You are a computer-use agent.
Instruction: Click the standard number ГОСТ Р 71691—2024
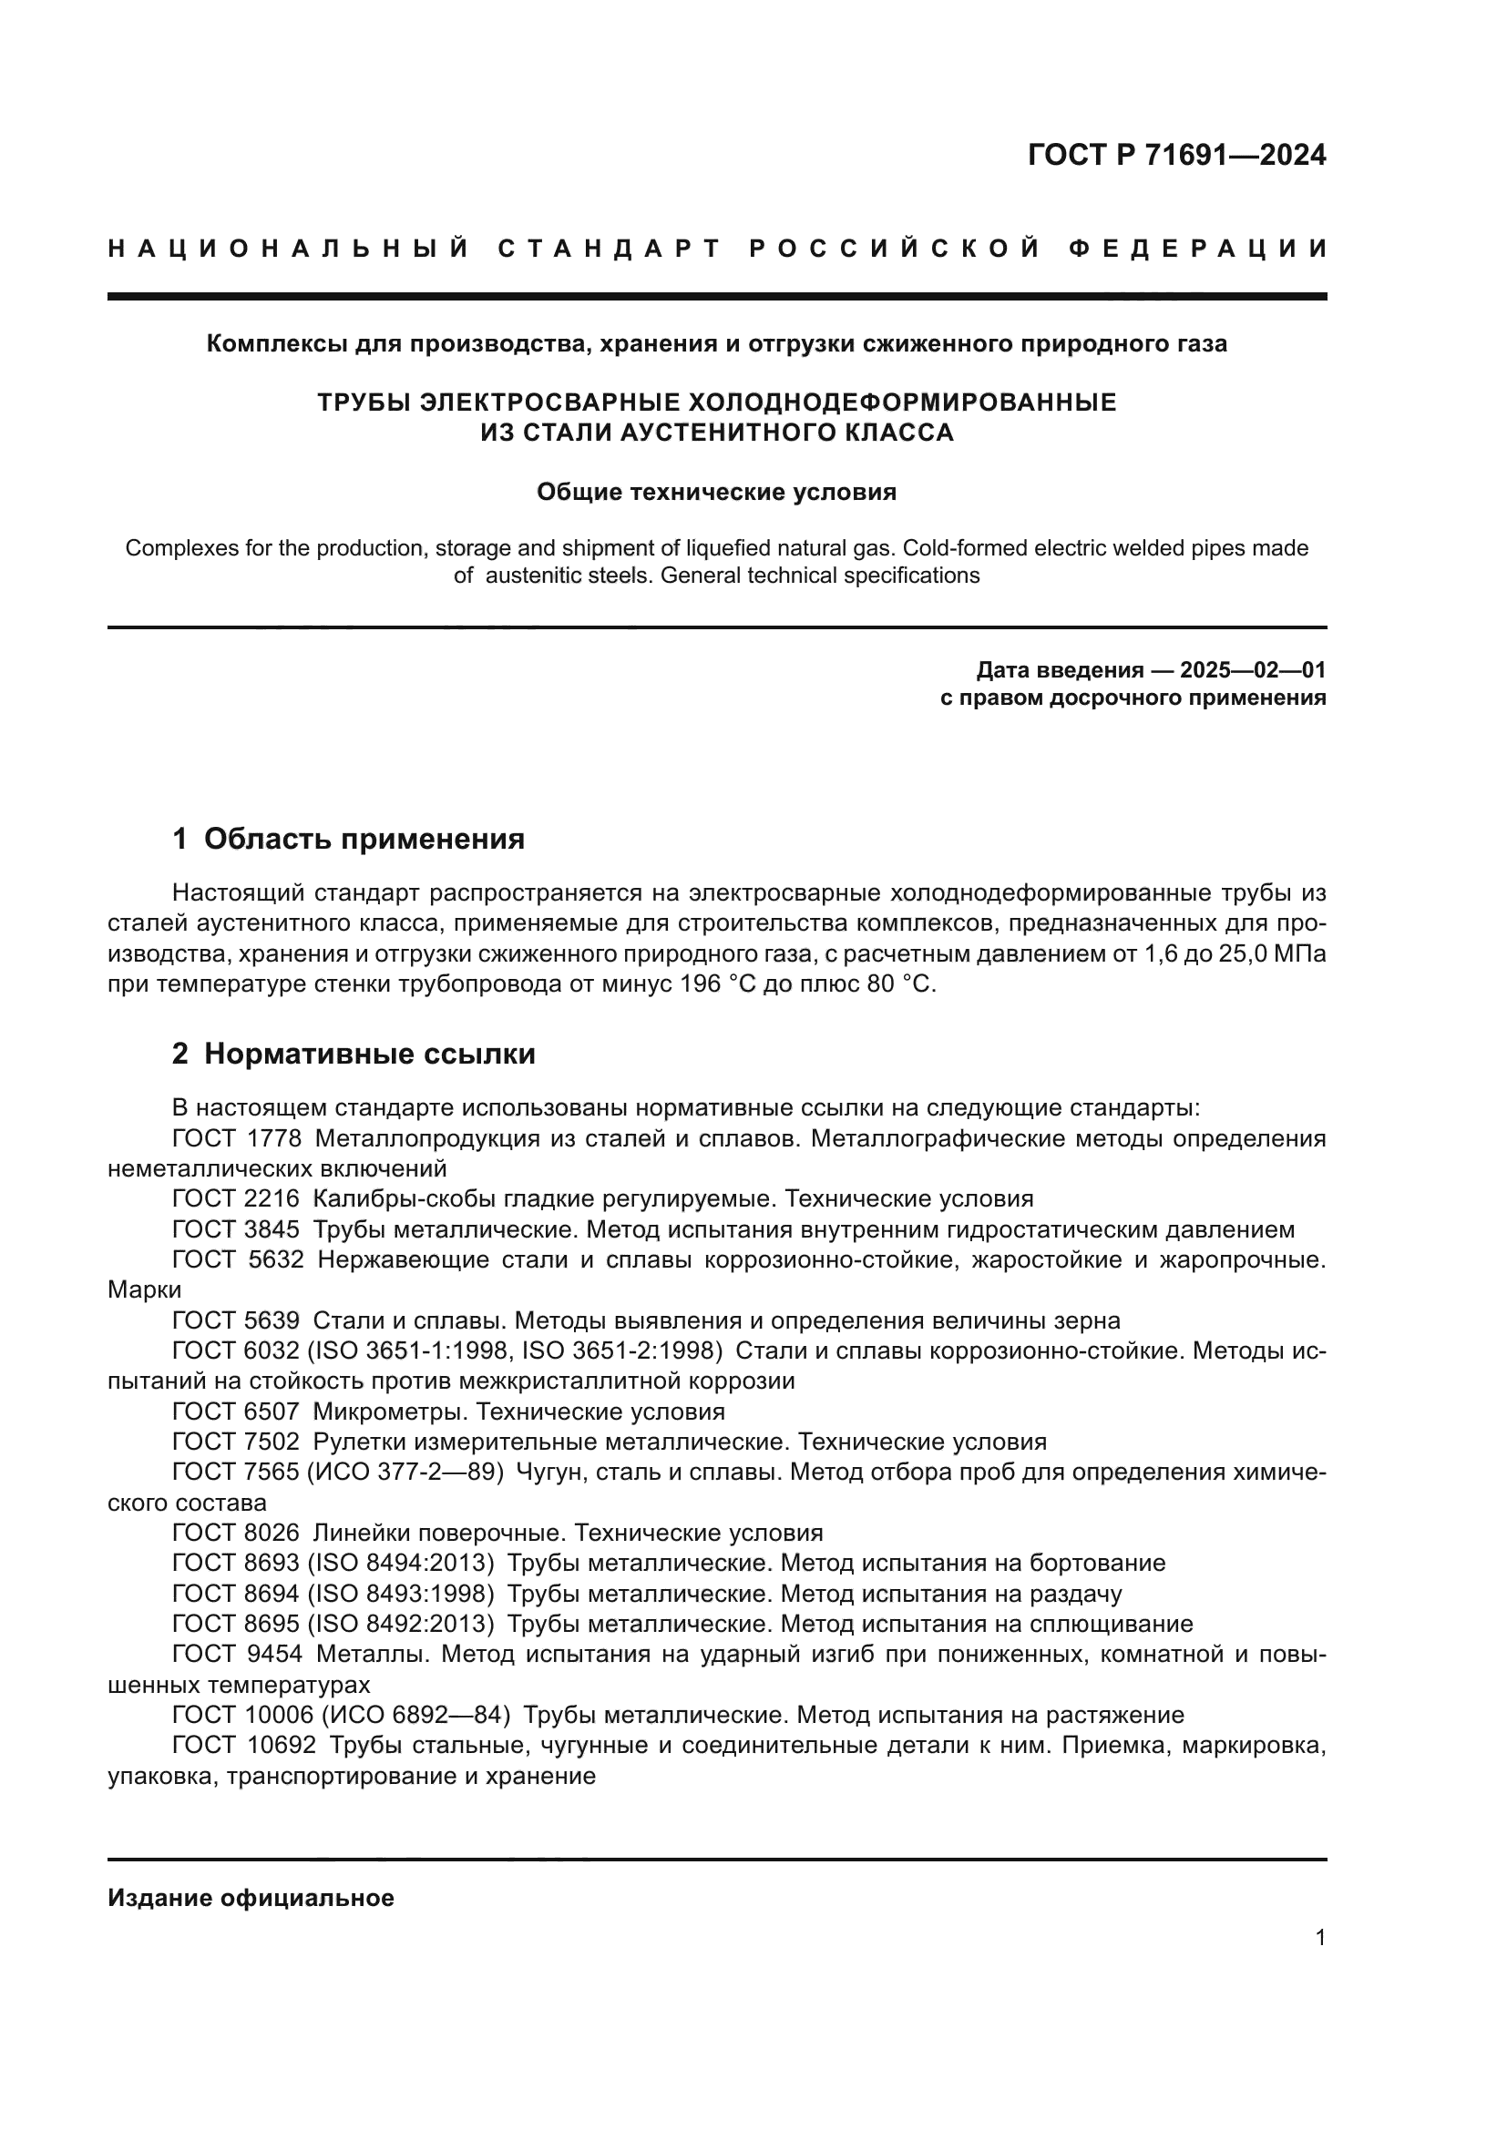click(x=1176, y=155)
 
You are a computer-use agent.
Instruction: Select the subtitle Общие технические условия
click(x=716, y=492)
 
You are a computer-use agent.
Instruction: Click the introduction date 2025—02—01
click(x=1253, y=670)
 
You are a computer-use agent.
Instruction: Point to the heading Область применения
click(x=364, y=839)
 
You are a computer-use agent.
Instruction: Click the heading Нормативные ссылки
click(x=369, y=1054)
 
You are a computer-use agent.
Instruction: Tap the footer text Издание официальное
click(x=251, y=1898)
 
